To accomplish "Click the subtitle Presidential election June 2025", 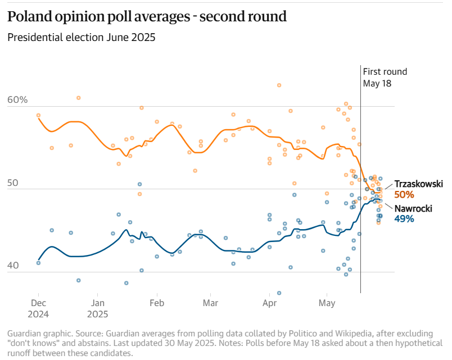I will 81,38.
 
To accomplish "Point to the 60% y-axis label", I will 17,100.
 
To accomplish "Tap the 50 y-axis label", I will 13,184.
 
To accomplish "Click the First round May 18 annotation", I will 385,77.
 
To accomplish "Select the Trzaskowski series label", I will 419,184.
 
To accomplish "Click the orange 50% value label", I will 404,195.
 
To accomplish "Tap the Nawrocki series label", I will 413,208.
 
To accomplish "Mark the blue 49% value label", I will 404,219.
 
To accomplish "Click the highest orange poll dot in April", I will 279,85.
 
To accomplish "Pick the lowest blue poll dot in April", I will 279,293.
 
